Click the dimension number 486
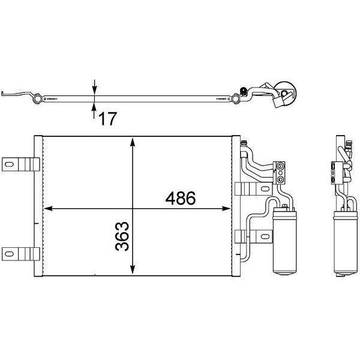click(181, 199)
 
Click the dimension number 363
click(122, 236)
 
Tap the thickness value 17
click(107, 119)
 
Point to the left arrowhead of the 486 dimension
click(48, 208)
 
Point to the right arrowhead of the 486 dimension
click(226, 208)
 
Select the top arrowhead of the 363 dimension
click(132, 142)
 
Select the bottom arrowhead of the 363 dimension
click(132, 269)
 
